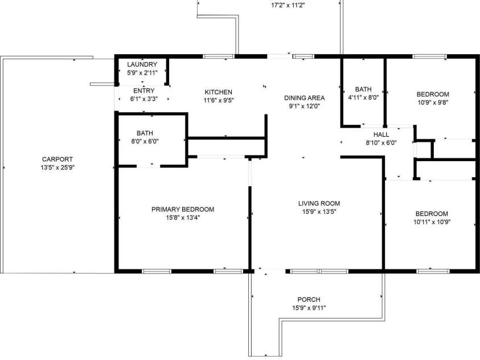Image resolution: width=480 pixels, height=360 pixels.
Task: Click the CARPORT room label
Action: click(x=58, y=159)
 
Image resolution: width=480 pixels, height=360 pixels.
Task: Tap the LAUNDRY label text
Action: click(x=142, y=64)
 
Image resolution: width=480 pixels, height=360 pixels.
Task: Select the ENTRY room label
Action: click(x=144, y=91)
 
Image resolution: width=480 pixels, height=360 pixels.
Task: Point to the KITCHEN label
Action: click(x=218, y=92)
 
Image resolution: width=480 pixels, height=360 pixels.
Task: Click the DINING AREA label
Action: click(x=304, y=98)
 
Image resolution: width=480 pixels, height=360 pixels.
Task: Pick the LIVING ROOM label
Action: click(x=319, y=203)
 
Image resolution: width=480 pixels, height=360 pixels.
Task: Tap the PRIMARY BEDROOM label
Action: click(x=183, y=210)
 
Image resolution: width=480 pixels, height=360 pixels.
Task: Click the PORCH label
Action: click(x=309, y=300)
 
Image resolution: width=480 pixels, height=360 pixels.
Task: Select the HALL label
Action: click(x=381, y=134)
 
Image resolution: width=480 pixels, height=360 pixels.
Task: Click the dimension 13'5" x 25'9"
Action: click(x=58, y=167)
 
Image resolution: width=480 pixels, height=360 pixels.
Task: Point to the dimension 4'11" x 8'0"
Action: click(x=363, y=97)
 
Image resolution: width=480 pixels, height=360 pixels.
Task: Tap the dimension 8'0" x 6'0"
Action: click(x=145, y=141)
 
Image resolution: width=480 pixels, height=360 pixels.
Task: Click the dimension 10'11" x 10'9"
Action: click(x=432, y=222)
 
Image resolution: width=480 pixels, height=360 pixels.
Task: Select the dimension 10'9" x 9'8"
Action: click(x=433, y=103)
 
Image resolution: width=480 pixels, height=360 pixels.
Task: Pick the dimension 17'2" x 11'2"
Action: click(x=288, y=5)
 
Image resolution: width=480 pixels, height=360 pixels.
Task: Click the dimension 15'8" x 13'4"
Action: click(x=183, y=218)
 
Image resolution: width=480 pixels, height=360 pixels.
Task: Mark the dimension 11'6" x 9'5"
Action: click(x=219, y=100)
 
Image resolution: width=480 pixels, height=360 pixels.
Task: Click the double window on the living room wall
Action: click(x=319, y=271)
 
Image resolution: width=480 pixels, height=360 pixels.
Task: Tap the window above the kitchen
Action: click(x=219, y=56)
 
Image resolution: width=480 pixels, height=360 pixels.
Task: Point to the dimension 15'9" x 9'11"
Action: click(x=309, y=308)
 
